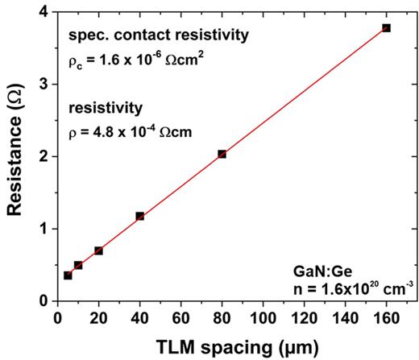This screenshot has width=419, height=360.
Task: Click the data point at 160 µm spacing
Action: [386, 28]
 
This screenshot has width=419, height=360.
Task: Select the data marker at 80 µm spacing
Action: [222, 154]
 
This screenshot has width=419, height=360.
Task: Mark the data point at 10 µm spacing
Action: [78, 265]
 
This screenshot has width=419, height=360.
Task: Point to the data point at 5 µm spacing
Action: [68, 275]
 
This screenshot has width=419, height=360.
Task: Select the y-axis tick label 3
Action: [43, 85]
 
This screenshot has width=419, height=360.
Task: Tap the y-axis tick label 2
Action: [43, 156]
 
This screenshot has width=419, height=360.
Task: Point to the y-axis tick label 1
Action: [43, 229]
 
